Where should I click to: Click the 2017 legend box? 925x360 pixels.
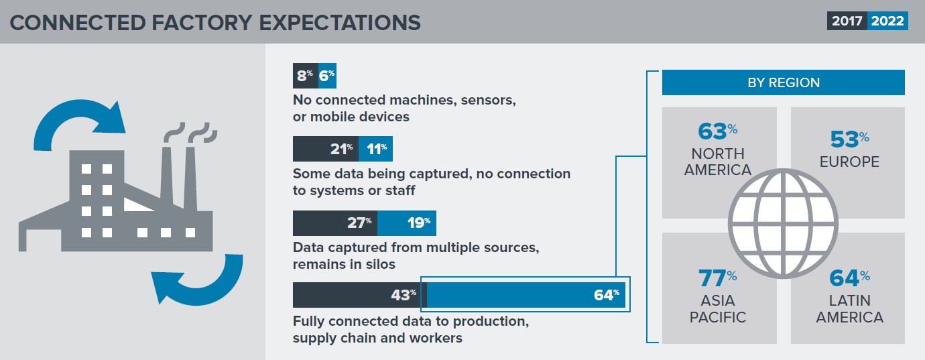[x=847, y=21]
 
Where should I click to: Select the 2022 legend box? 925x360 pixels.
[x=887, y=21]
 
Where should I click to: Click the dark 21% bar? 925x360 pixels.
[x=325, y=149]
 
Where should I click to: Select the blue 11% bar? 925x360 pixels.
[x=375, y=149]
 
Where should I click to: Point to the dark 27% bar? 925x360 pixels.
[x=334, y=223]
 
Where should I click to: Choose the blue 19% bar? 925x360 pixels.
[x=406, y=223]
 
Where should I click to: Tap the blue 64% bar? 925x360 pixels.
[x=526, y=295]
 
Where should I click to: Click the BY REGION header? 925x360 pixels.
[x=783, y=83]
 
